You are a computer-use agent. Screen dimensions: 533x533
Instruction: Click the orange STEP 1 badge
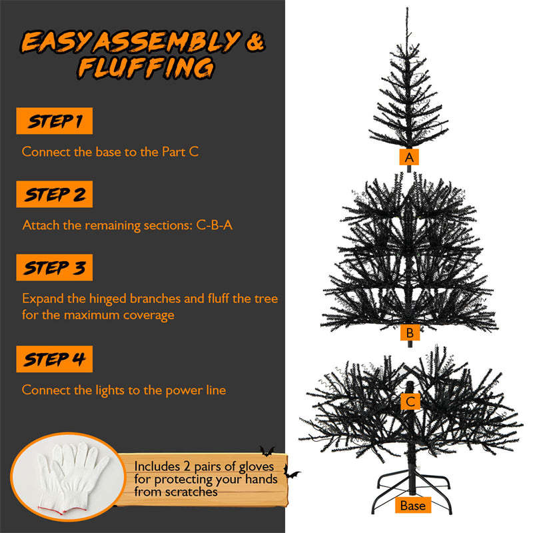tap(54, 121)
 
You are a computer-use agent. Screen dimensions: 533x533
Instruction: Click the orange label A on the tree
tap(408, 157)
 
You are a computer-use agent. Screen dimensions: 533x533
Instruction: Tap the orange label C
tap(410, 401)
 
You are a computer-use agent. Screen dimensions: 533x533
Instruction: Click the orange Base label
tap(412, 506)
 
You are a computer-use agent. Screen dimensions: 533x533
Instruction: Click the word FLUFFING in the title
tap(146, 68)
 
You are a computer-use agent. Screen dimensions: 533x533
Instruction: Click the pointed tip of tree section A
tap(406, 10)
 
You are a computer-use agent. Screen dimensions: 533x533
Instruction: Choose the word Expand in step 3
tap(43, 298)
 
